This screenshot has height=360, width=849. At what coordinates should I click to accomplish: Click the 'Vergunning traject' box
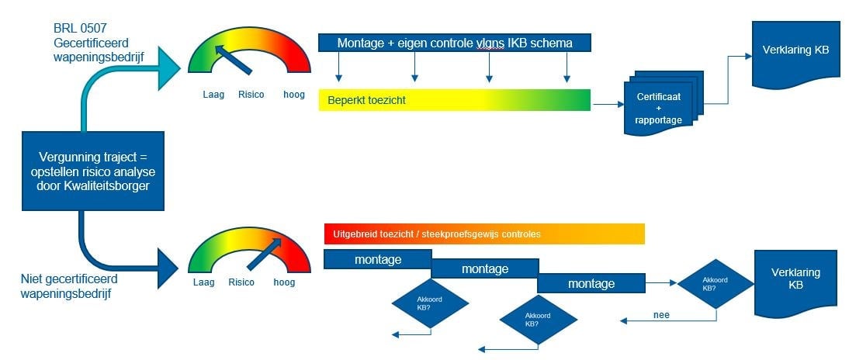(x=93, y=170)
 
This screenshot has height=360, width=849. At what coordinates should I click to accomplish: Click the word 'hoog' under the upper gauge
(x=293, y=95)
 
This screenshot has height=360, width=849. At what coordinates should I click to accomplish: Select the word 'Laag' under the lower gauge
(x=203, y=282)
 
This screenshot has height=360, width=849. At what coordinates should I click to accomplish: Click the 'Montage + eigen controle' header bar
(x=455, y=43)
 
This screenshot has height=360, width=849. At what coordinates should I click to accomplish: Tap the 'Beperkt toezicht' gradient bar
(x=455, y=100)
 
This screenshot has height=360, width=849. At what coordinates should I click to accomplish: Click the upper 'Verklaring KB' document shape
(x=794, y=53)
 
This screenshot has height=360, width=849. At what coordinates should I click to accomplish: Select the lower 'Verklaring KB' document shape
(x=795, y=281)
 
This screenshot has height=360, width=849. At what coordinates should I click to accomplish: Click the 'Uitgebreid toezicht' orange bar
(x=483, y=234)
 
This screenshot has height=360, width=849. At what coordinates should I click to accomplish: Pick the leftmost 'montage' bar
(x=377, y=260)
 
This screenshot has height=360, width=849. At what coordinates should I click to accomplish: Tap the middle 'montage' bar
(x=484, y=269)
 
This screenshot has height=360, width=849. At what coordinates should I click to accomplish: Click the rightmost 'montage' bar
(x=591, y=284)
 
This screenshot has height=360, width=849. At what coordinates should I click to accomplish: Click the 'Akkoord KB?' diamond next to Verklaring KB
(x=715, y=283)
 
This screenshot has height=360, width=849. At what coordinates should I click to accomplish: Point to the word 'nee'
(x=661, y=315)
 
